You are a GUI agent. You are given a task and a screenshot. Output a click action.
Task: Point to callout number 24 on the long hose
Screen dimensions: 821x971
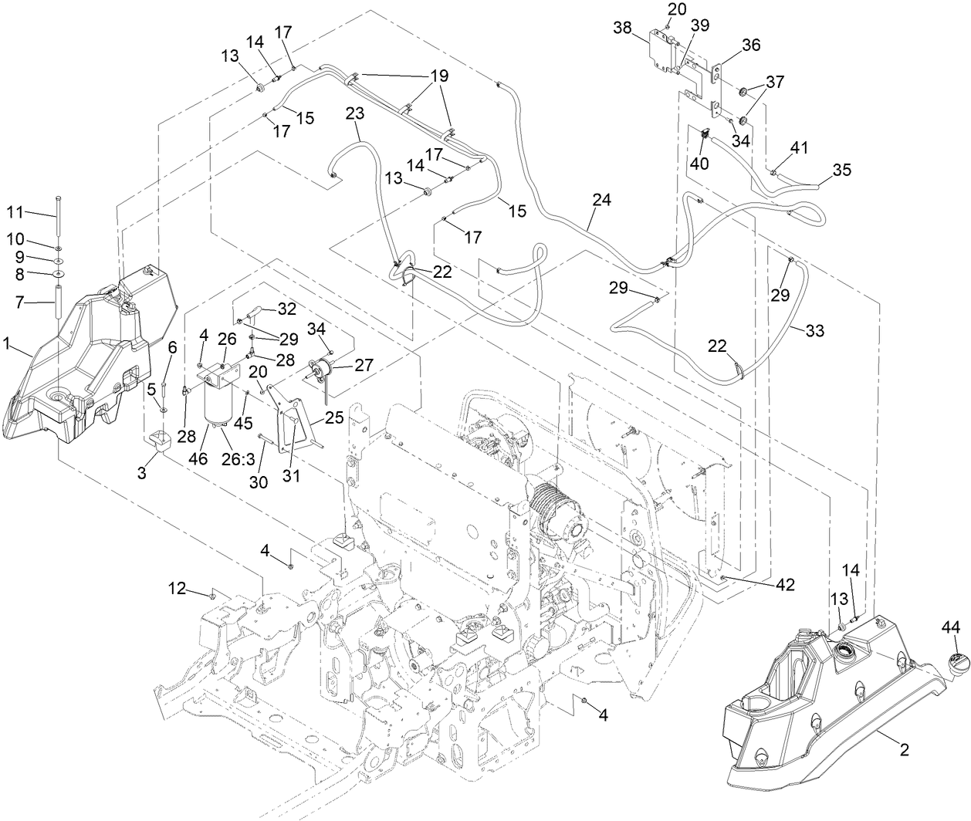602,200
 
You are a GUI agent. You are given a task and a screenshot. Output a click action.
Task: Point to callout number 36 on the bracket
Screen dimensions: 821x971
751,46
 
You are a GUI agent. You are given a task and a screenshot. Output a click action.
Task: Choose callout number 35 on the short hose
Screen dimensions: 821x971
842,170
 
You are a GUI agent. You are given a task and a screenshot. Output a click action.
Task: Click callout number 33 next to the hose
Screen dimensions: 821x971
814,331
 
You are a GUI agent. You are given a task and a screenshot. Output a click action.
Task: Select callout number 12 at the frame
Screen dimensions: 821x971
178,589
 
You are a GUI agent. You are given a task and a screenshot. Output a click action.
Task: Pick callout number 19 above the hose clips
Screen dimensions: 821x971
438,76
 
